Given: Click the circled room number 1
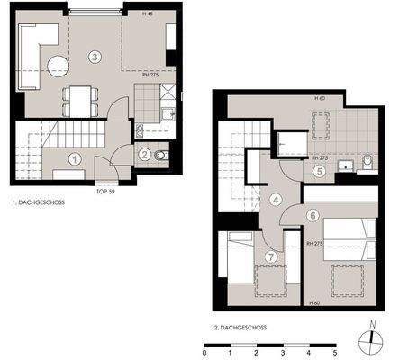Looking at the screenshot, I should [75, 158].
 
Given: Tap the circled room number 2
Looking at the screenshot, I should [143, 155].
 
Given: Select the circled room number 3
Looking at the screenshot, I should [95, 57].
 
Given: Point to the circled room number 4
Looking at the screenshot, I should [275, 200].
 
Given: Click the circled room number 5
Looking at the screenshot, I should [318, 170].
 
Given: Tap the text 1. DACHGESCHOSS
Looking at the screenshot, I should [39, 203].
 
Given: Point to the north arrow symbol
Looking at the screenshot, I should [372, 338].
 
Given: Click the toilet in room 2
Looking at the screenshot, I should [163, 156].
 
